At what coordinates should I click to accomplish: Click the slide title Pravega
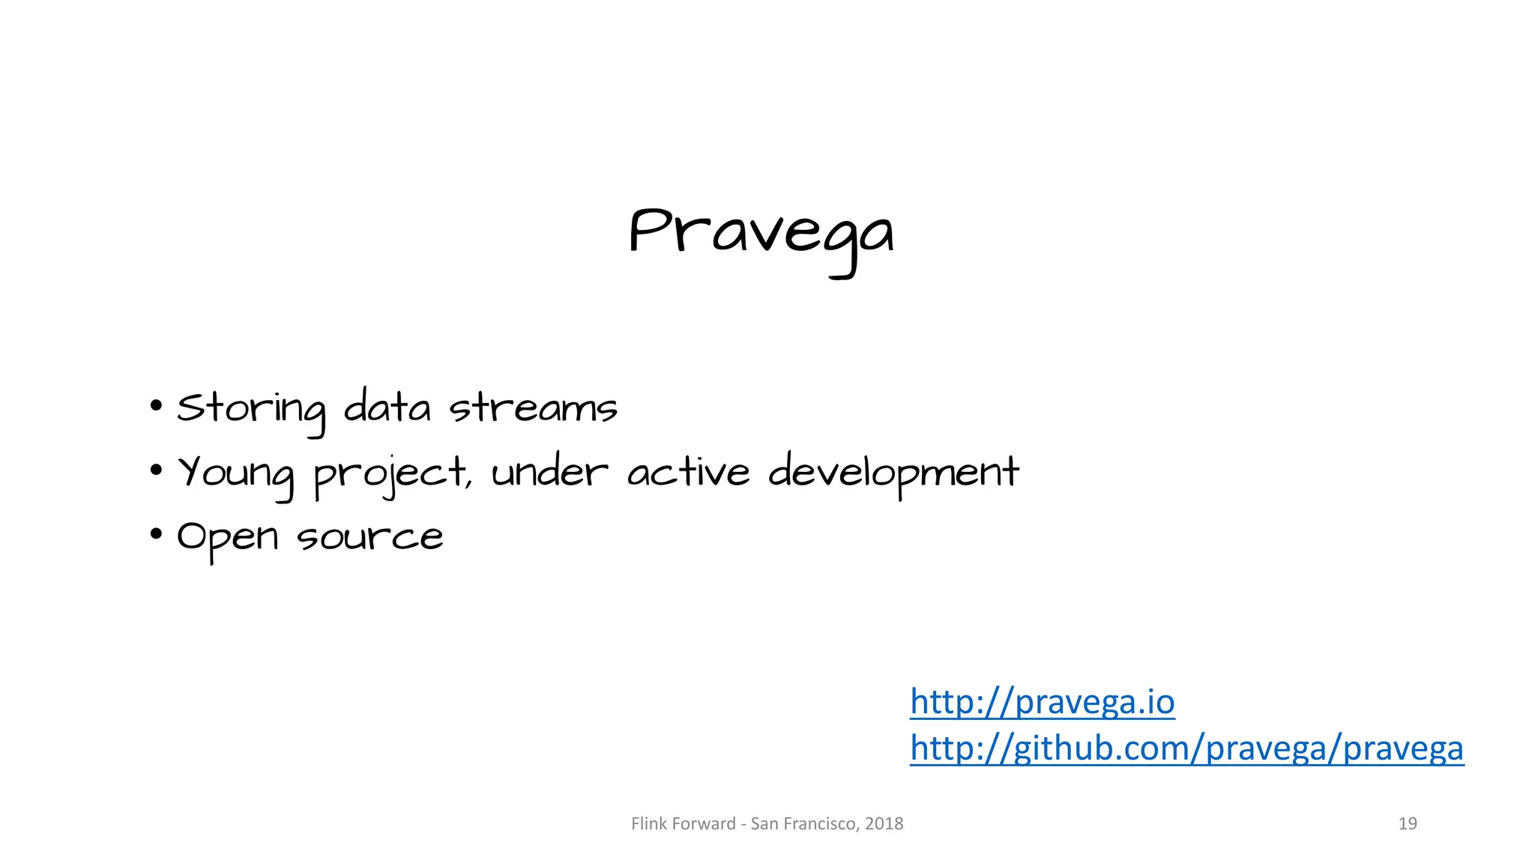(x=761, y=234)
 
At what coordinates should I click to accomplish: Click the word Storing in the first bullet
(x=251, y=409)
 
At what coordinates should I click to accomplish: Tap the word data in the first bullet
(x=387, y=408)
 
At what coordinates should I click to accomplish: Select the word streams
(x=533, y=409)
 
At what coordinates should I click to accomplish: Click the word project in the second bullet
(x=392, y=473)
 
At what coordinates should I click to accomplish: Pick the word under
(x=549, y=472)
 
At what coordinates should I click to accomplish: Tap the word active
(x=688, y=472)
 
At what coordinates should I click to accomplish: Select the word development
(x=893, y=472)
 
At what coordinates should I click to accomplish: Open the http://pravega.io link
(x=1042, y=702)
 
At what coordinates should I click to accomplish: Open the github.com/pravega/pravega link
(x=1186, y=748)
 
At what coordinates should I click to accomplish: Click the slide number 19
(x=1408, y=824)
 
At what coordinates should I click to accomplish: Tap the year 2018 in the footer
(x=884, y=824)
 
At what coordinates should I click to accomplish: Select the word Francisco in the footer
(x=821, y=824)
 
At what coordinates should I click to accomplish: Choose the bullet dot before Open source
(x=156, y=535)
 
